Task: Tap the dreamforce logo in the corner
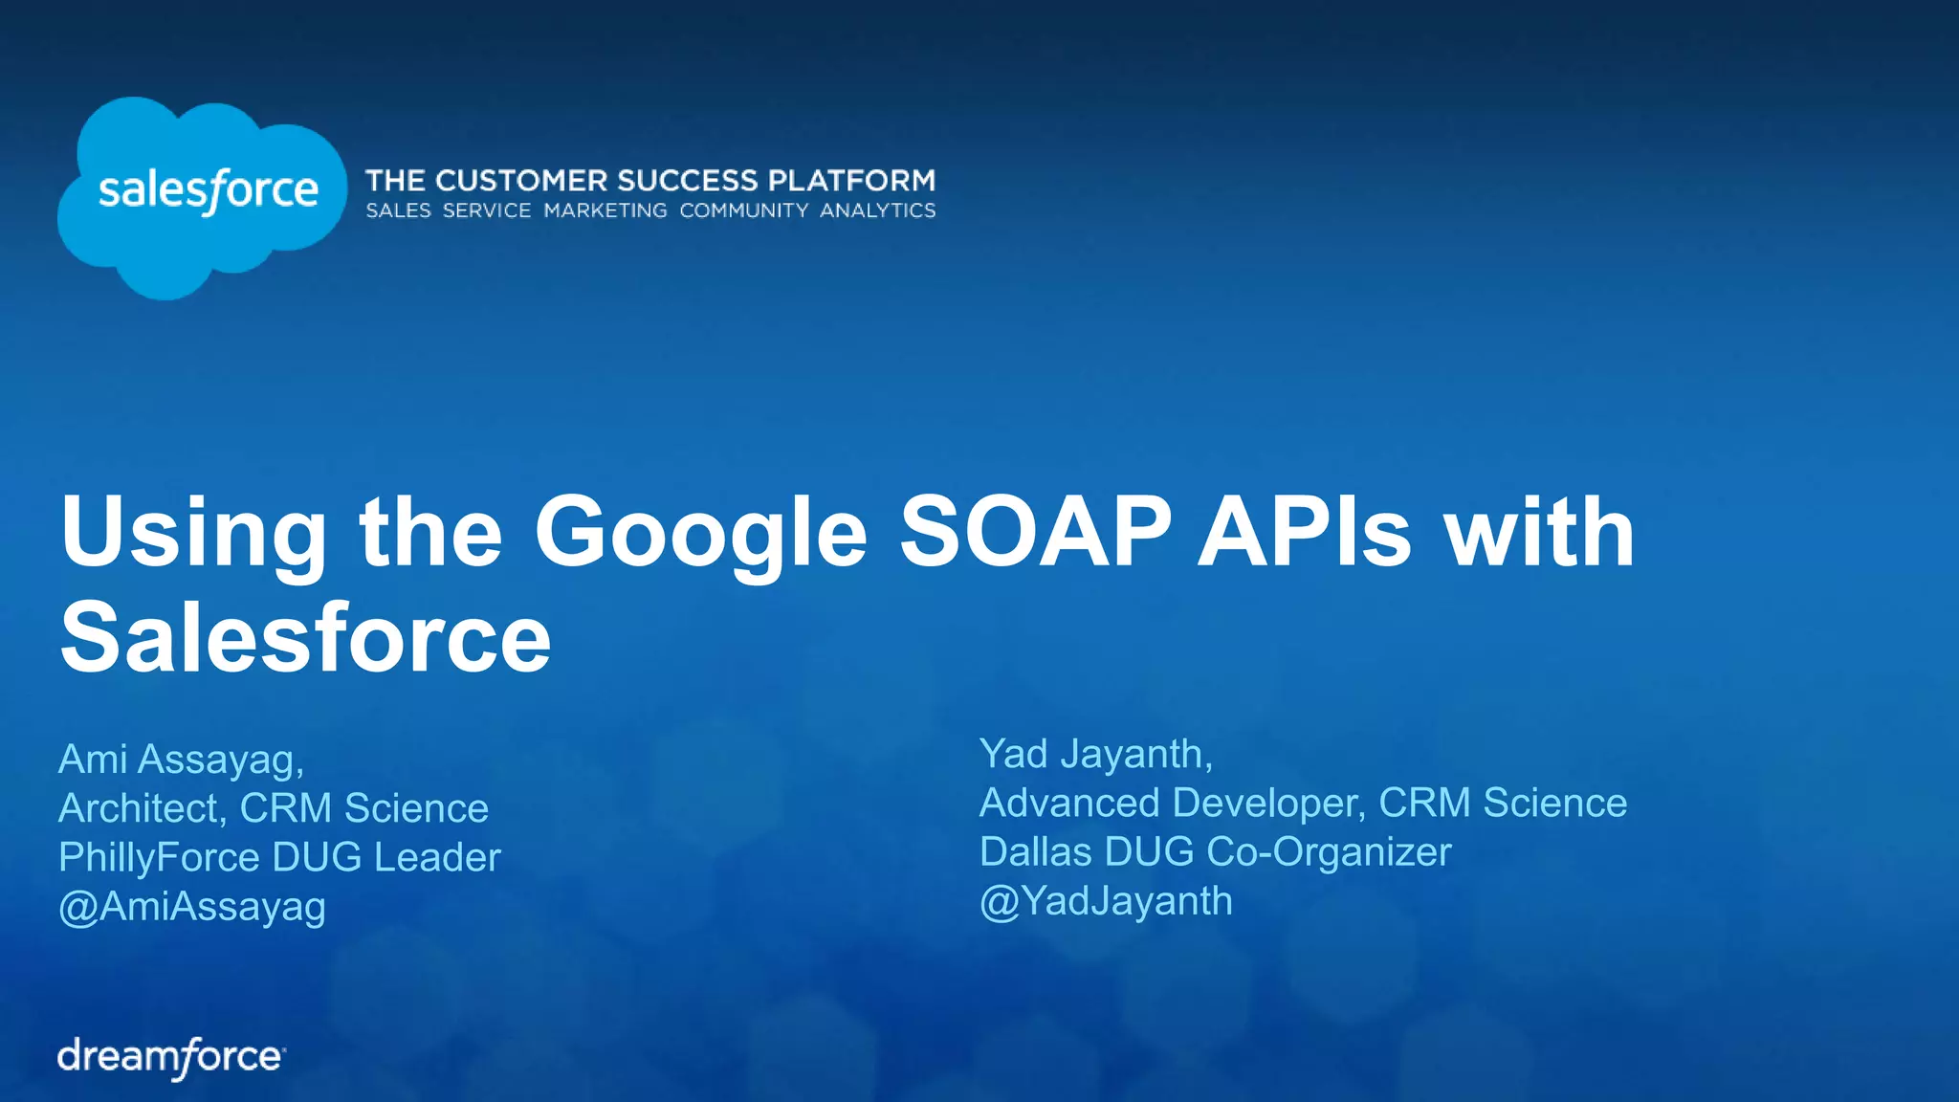tap(171, 1057)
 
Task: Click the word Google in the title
tap(700, 534)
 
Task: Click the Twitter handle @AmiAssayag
tap(192, 906)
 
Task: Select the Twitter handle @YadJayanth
tap(1106, 901)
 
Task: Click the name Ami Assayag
tap(181, 760)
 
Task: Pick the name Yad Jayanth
tap(1095, 754)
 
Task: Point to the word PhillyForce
tap(159, 858)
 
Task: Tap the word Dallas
tap(1035, 852)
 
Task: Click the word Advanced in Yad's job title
tap(1069, 803)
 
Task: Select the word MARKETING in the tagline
tap(605, 210)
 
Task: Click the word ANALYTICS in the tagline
tap(877, 210)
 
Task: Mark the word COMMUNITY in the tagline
tap(743, 210)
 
